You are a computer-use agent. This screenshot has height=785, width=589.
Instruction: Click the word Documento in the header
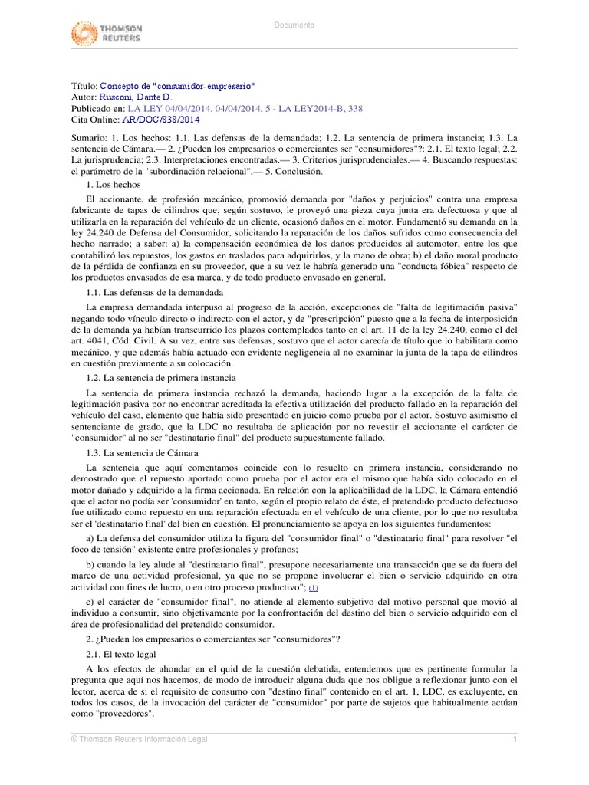(x=294, y=25)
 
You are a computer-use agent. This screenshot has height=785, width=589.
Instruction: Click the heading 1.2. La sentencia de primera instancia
(x=161, y=379)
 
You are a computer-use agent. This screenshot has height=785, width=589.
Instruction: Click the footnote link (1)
(x=313, y=587)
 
